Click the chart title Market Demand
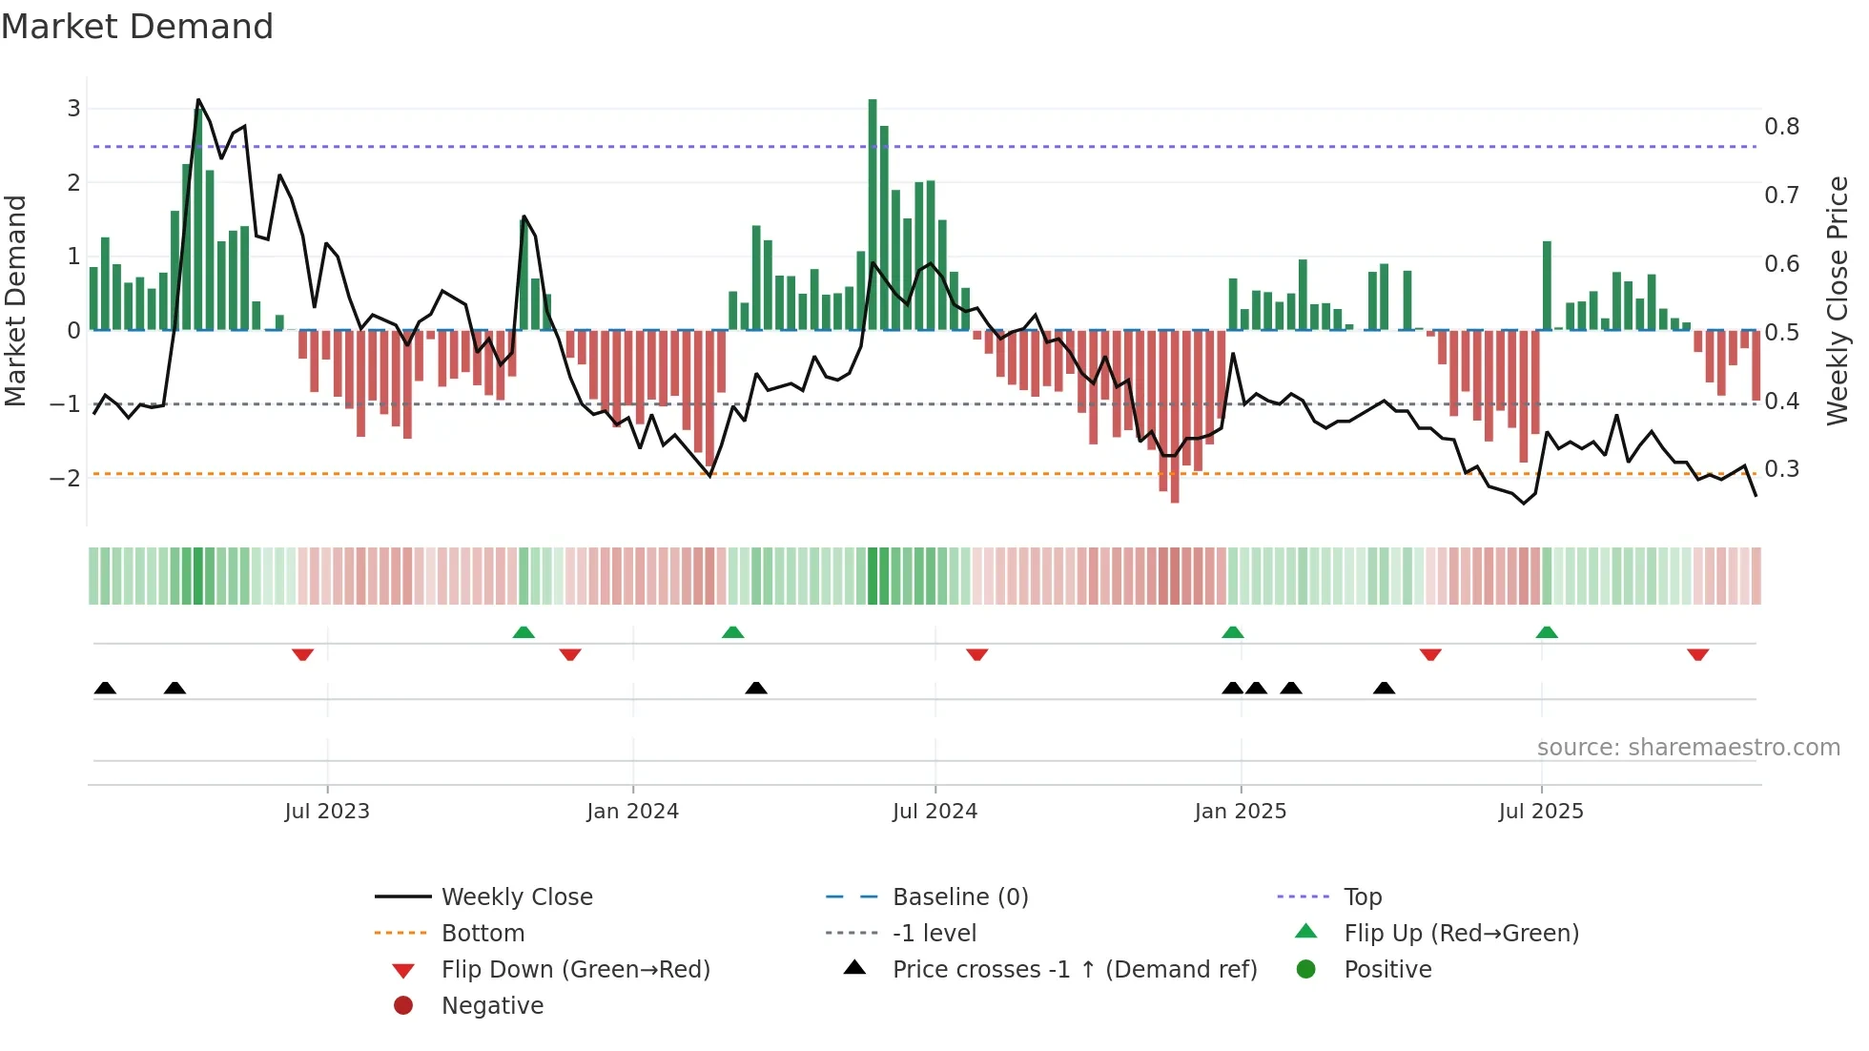tap(137, 27)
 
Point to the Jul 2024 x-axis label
tap(934, 812)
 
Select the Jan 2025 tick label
tap(1240, 812)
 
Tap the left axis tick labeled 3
tap(73, 109)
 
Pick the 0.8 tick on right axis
tap(1781, 127)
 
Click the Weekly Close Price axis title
tap(1837, 300)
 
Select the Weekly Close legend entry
tap(516, 897)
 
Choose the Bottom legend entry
tap(483, 934)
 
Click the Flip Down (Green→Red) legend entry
tap(575, 970)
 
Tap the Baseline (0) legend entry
tap(959, 897)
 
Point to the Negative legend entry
tap(492, 1006)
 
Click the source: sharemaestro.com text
tap(1688, 748)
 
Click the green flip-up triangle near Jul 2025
tap(1547, 632)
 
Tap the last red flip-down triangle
tap(1697, 654)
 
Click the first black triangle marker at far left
tap(105, 688)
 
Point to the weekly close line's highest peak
tap(198, 99)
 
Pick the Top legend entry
tap(1362, 897)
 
